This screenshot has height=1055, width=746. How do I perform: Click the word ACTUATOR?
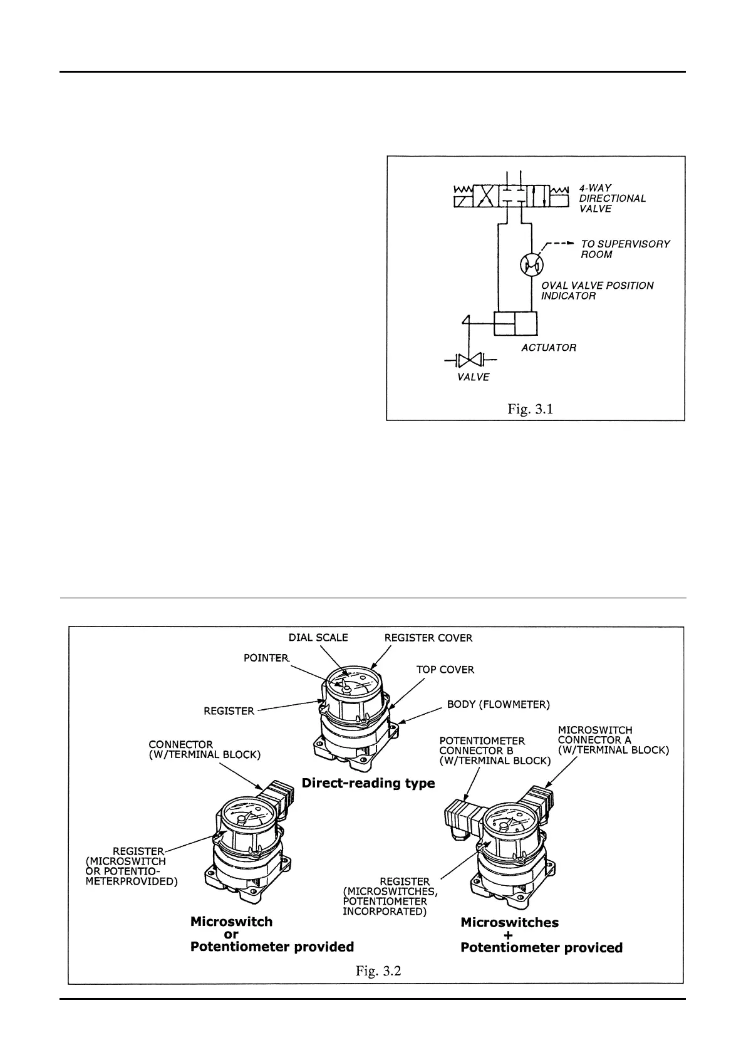tap(549, 347)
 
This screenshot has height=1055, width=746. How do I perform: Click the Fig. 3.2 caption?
tap(378, 971)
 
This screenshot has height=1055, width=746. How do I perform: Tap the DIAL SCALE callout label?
tap(318, 637)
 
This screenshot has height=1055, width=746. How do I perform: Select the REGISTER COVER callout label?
tap(428, 638)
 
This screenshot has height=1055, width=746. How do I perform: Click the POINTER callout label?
tap(266, 658)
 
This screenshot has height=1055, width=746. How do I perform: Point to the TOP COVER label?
tap(445, 669)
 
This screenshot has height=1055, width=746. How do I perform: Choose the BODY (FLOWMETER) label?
tap(498, 704)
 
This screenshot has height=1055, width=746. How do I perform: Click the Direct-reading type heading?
tap(368, 783)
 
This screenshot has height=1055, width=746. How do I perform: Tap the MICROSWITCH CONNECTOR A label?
tap(613, 740)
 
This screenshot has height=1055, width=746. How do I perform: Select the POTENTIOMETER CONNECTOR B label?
tap(495, 751)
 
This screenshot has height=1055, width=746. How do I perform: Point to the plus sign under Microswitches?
tap(508, 935)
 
